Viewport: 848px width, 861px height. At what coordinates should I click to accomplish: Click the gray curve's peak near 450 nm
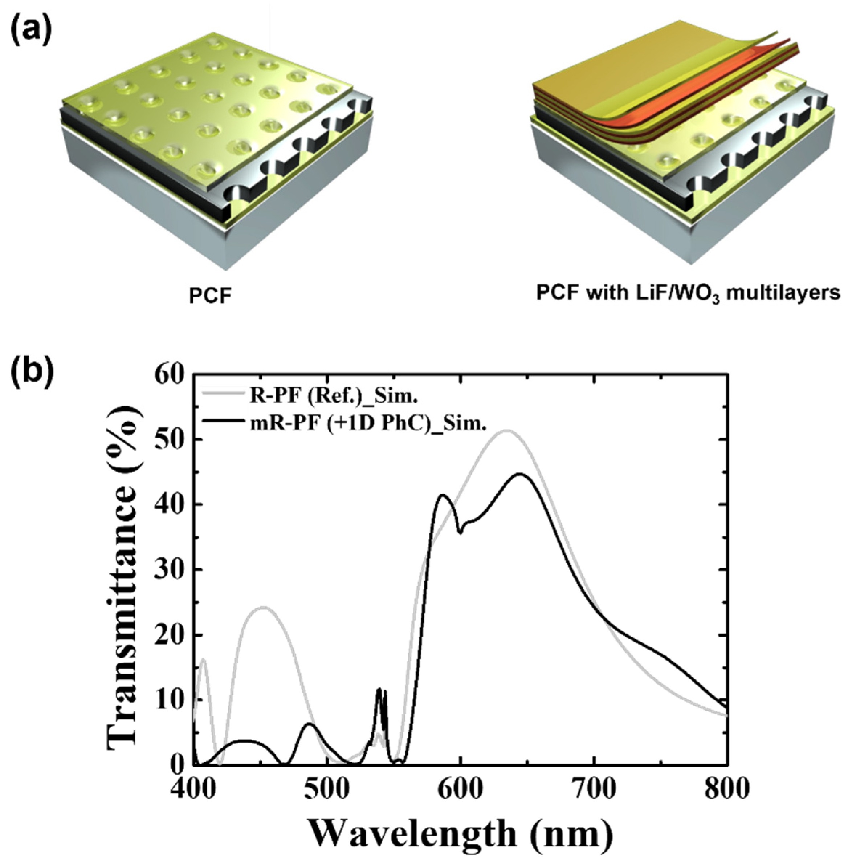(x=264, y=607)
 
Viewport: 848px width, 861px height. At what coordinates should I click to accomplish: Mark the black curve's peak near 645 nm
(x=519, y=474)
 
